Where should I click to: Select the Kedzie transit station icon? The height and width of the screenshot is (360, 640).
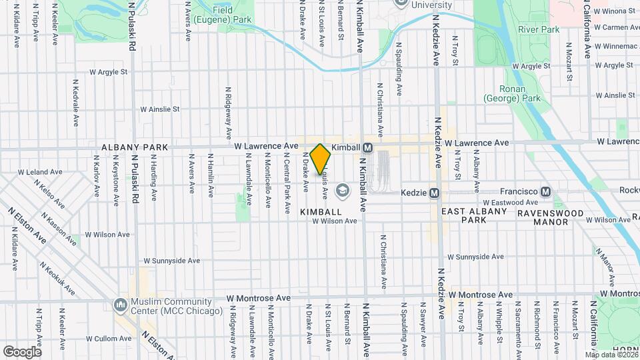(x=434, y=193)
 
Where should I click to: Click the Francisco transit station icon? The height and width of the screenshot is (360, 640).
(x=546, y=191)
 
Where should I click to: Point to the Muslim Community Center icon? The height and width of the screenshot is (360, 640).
(x=121, y=305)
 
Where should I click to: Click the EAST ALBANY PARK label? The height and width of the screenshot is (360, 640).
(x=475, y=215)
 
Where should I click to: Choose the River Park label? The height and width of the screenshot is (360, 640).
(x=539, y=29)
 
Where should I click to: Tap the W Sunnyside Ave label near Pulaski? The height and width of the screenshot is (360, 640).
(x=172, y=261)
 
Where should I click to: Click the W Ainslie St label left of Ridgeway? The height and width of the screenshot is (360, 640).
(x=160, y=109)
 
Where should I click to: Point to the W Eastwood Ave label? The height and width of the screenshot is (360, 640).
(x=509, y=203)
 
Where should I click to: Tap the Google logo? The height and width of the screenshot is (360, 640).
(x=22, y=351)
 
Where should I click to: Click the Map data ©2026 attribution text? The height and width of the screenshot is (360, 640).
(x=611, y=355)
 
